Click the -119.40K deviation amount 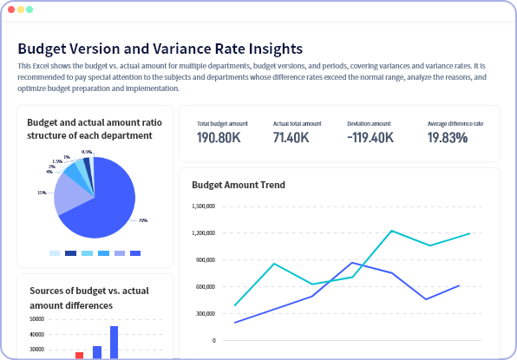point(370,138)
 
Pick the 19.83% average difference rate point(448,138)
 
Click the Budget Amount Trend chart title point(239,185)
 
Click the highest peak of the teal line point(392,231)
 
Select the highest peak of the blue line point(352,262)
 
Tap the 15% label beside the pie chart point(41,193)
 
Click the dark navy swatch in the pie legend point(70,253)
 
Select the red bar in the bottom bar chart point(79,355)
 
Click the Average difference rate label point(455,124)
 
